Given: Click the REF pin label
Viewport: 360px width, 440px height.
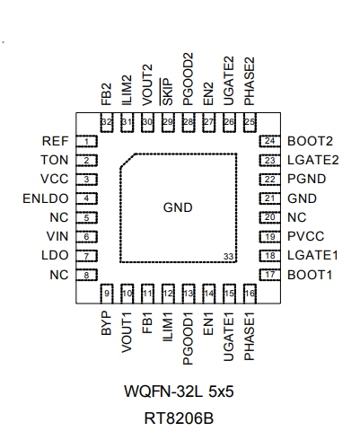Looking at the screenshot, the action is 56,141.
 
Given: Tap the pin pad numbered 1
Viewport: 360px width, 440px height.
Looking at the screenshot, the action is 87,141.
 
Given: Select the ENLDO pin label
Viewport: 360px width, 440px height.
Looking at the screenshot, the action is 46,198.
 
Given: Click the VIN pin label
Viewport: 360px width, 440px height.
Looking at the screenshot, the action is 57,236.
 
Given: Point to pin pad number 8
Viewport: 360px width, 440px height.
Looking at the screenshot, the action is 87,275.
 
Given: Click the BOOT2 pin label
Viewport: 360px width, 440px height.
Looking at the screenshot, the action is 310,141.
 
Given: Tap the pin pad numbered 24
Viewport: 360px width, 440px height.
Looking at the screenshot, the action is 270,141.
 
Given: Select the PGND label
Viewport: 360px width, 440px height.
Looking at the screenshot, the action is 307,179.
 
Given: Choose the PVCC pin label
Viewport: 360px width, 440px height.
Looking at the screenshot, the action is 306,236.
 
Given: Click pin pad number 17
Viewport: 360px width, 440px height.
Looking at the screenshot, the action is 270,275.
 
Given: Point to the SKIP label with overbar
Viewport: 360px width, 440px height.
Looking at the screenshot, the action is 167,92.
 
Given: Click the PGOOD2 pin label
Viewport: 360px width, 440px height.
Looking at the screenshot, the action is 189,79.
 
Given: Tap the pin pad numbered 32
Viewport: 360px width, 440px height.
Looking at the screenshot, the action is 107,122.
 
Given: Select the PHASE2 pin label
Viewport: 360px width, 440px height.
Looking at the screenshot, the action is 250,81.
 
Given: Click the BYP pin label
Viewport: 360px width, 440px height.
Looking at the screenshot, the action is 107,323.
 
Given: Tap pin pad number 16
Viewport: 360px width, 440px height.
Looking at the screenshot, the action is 250,294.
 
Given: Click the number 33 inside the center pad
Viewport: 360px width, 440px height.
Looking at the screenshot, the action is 229,257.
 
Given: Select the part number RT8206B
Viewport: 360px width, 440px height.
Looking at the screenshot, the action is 179,418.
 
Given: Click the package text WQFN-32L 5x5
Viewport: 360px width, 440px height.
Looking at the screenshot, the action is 179,392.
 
